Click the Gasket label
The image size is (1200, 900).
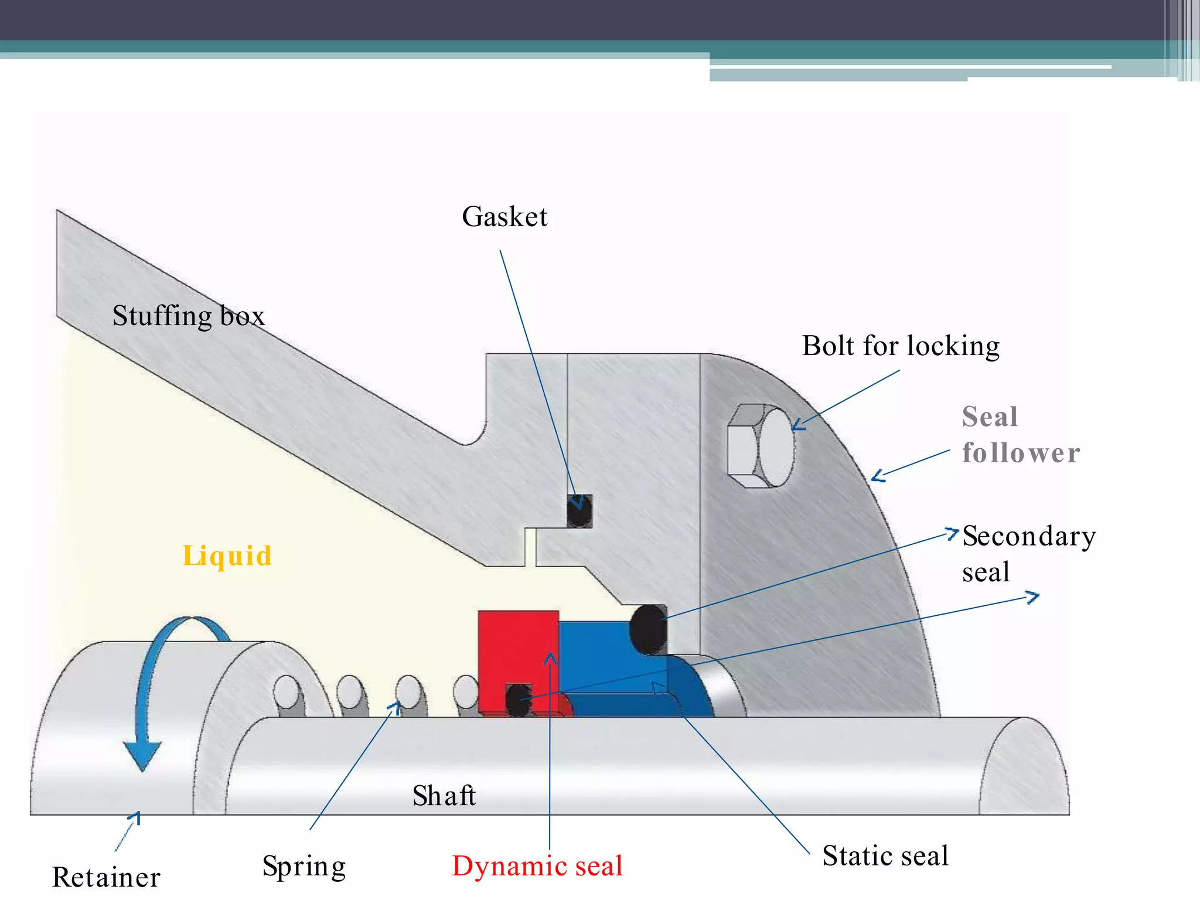click(504, 217)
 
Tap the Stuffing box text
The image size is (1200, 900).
click(189, 316)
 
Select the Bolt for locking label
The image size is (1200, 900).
click(901, 346)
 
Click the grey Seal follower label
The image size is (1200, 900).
click(1020, 435)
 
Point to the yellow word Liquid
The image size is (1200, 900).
click(227, 555)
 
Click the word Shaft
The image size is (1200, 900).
click(444, 796)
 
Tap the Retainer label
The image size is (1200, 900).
click(106, 877)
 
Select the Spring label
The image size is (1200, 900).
click(304, 867)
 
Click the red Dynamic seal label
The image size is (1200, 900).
click(537, 866)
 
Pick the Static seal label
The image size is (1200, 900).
click(885, 855)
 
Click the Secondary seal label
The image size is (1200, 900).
click(1028, 553)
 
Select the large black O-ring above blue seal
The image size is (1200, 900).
click(648, 629)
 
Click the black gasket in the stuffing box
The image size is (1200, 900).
click(579, 511)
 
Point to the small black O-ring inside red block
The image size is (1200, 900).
click(519, 700)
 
